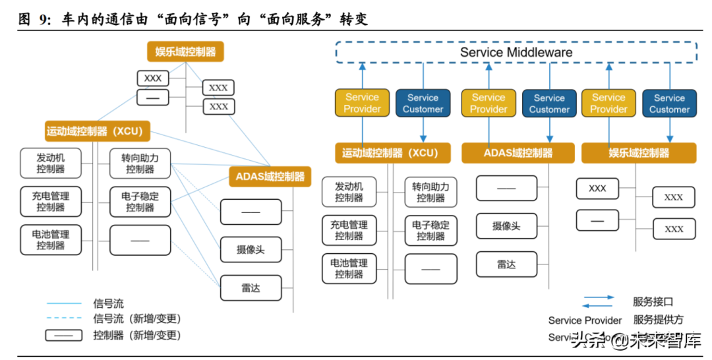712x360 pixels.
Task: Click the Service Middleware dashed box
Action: click(x=516, y=52)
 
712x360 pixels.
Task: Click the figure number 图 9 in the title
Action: click(x=34, y=20)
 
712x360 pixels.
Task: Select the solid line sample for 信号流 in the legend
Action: click(x=64, y=304)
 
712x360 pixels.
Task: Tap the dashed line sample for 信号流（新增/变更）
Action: click(x=64, y=319)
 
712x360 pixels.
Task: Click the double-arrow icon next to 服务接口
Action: click(x=598, y=302)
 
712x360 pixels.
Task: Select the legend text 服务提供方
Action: click(x=658, y=320)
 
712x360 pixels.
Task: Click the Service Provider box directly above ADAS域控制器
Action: click(x=489, y=104)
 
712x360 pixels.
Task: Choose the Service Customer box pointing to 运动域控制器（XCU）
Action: click(x=423, y=104)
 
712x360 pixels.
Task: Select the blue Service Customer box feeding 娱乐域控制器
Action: click(x=669, y=104)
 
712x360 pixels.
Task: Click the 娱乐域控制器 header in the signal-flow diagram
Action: click(x=185, y=51)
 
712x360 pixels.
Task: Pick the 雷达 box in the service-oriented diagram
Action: click(x=506, y=264)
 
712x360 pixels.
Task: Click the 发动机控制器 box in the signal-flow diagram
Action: click(x=51, y=164)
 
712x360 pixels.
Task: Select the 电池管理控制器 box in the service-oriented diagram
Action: click(x=349, y=268)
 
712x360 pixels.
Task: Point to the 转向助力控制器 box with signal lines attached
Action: click(x=140, y=164)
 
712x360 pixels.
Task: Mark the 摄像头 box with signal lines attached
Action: click(x=251, y=249)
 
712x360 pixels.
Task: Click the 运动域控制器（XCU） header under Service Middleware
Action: click(x=389, y=153)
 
